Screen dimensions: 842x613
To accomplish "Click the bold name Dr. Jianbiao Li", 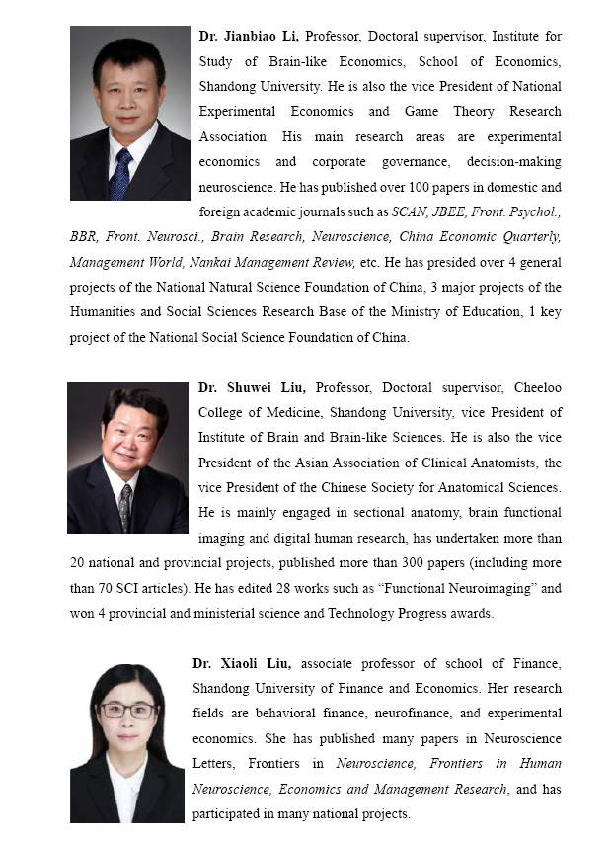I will (x=250, y=37).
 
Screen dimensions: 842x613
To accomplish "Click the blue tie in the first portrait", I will (x=121, y=174).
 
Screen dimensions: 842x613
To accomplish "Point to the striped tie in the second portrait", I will (x=125, y=507).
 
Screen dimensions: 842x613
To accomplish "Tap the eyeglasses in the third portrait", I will (x=127, y=710).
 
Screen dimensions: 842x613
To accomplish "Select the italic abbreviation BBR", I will (x=83, y=236).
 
